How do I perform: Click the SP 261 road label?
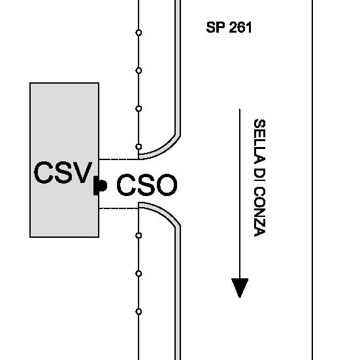coord(229,27)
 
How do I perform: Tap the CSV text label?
coord(63,172)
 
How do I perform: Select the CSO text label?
coord(147,185)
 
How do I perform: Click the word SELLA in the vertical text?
coord(259,142)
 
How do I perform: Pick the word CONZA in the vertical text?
coord(259,212)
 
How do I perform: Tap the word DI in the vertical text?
coord(259,176)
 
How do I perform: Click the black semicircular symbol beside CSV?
coord(100,186)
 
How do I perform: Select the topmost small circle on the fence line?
coord(139,33)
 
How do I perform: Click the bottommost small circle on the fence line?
coord(139,312)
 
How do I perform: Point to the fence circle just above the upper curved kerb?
coord(139,146)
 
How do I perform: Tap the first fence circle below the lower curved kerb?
coord(139,235)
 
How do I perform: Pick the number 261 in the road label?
coord(240,27)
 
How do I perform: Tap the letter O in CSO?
coord(167,185)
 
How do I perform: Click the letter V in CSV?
coord(82,172)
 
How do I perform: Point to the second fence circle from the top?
coord(139,71)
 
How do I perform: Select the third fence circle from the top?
coord(139,108)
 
